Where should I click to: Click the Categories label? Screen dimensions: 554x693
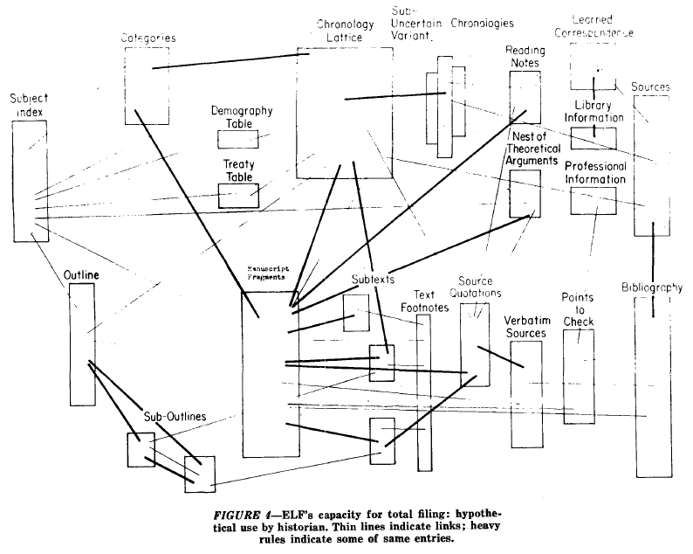coord(148,38)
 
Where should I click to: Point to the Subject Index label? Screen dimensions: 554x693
coord(29,106)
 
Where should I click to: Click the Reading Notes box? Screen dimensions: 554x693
coord(525,97)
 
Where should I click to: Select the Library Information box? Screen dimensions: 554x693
coord(594,137)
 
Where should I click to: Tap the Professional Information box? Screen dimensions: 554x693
coord(594,200)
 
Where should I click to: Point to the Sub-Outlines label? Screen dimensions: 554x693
coord(175,417)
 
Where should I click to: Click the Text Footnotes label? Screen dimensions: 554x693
coord(423,301)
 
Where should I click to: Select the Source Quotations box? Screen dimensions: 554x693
coord(474,344)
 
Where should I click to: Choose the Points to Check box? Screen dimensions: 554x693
coord(577,374)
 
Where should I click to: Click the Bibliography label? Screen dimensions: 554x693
coord(652,287)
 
